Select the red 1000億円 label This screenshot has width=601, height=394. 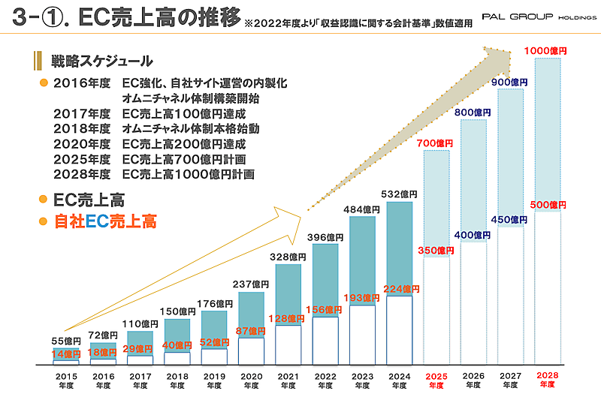coord(546,51)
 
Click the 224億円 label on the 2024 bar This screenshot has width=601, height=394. coord(399,288)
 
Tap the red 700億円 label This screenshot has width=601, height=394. coord(436,143)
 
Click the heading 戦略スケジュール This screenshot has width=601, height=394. coord(102,61)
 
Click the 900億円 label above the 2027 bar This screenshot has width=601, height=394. coord(510,83)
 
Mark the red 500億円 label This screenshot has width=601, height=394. coord(546,204)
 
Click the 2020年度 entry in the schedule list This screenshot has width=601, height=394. coord(82,143)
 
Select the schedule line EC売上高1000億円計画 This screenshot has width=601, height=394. coord(187,174)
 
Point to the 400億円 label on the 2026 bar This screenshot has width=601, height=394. coord(473,235)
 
